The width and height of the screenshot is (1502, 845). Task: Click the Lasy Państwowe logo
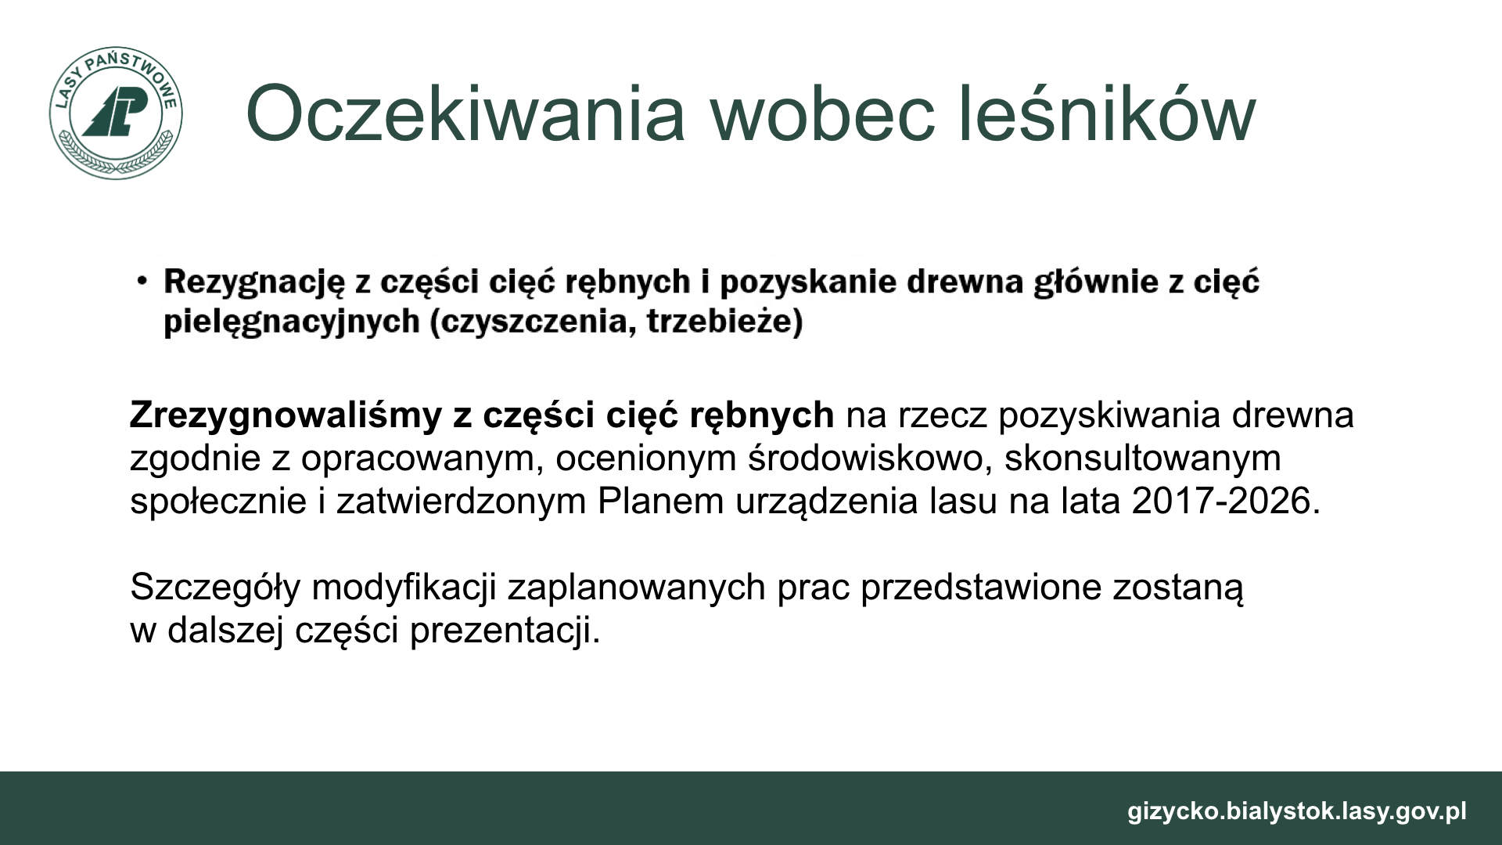point(115,113)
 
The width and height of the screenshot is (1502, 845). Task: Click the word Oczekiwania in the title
point(465,114)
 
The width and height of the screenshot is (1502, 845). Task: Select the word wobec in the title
point(822,114)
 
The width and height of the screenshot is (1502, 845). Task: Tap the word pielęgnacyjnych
point(292,322)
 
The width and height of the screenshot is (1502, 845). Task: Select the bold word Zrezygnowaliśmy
point(286,415)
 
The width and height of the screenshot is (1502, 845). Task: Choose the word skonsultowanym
point(1143,458)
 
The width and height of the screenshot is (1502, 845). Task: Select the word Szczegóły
point(215,588)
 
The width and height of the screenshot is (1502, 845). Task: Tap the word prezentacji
point(505,631)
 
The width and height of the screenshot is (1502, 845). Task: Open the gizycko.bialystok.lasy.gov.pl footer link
point(1297,811)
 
